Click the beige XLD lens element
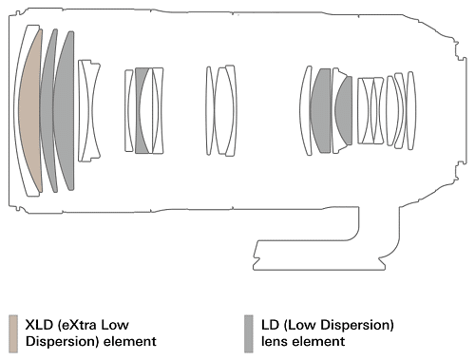[x=31, y=111]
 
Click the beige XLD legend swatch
[x=13, y=333]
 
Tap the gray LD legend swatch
[x=249, y=333]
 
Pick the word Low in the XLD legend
[x=117, y=325]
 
